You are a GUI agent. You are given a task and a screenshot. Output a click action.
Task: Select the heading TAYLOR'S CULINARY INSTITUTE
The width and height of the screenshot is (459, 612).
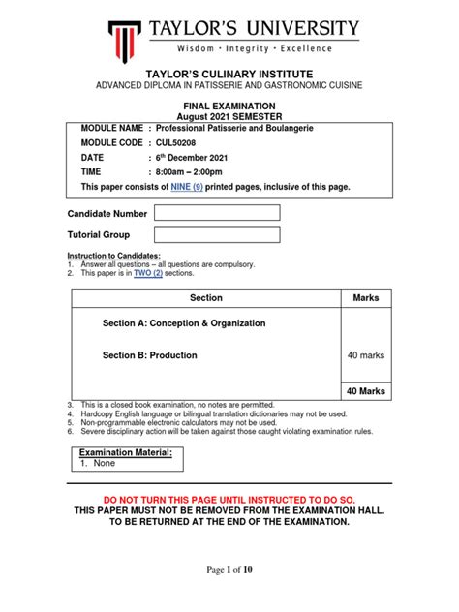pos(229,74)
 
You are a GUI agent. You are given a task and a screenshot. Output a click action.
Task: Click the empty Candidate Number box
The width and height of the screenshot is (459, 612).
pos(217,213)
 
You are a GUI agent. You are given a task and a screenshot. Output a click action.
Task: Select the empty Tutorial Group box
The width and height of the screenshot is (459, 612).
pos(217,234)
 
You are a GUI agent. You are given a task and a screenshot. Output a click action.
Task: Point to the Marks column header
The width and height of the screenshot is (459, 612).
pos(366,298)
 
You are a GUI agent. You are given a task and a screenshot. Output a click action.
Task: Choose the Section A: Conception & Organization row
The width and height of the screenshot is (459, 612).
pos(184,323)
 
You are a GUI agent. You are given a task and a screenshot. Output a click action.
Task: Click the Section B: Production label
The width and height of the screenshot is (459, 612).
pos(150,355)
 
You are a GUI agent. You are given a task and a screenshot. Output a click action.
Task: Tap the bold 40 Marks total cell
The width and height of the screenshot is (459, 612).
pos(366,391)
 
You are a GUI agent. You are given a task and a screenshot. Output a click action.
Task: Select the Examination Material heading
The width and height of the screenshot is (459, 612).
pos(126,452)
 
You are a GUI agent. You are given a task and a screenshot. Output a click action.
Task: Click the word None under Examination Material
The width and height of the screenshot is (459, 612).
pos(105,464)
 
